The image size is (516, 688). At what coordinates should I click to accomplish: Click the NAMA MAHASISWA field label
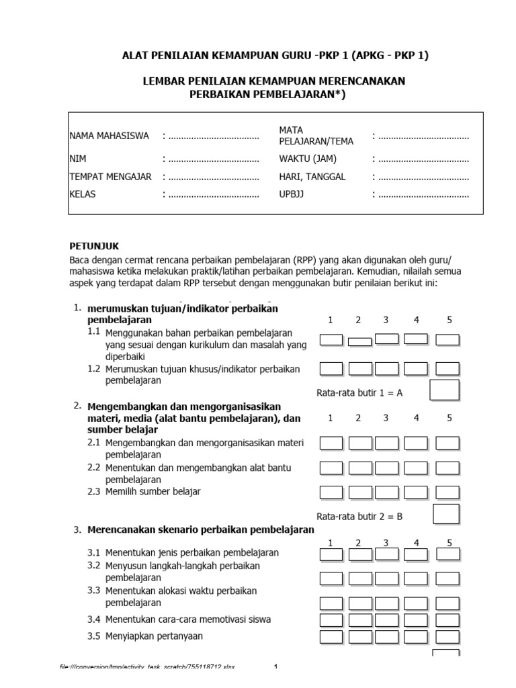pyautogui.click(x=109, y=136)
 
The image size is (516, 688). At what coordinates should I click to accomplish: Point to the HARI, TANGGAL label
pyautogui.click(x=312, y=177)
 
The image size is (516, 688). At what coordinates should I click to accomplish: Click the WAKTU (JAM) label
pyautogui.click(x=308, y=159)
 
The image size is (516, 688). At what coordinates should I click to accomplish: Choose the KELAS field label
pyautogui.click(x=83, y=194)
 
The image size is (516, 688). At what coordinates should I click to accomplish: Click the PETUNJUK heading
pyautogui.click(x=94, y=246)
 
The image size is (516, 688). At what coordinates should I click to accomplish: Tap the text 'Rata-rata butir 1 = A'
pyautogui.click(x=359, y=393)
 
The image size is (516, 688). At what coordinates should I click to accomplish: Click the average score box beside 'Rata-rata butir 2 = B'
pyautogui.click(x=446, y=514)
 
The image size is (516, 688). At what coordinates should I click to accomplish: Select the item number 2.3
pyautogui.click(x=94, y=491)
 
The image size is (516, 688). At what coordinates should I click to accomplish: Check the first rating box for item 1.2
pyautogui.click(x=331, y=368)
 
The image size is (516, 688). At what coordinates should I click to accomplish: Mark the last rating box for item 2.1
pyautogui.click(x=447, y=443)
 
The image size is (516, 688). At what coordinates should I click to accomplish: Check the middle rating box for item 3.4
pyautogui.click(x=386, y=619)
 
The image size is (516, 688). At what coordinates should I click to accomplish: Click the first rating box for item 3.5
pyautogui.click(x=331, y=636)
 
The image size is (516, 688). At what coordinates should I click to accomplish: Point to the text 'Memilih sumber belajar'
pyautogui.click(x=153, y=491)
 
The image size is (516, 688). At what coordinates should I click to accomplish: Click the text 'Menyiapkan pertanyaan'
pyautogui.click(x=154, y=636)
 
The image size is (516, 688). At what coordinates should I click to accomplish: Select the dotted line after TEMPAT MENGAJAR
pyautogui.click(x=214, y=177)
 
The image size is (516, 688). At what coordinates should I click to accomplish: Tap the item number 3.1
pyautogui.click(x=94, y=552)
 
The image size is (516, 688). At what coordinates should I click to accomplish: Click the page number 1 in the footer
pyautogui.click(x=275, y=666)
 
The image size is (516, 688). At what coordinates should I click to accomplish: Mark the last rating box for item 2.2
pyautogui.click(x=447, y=468)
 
